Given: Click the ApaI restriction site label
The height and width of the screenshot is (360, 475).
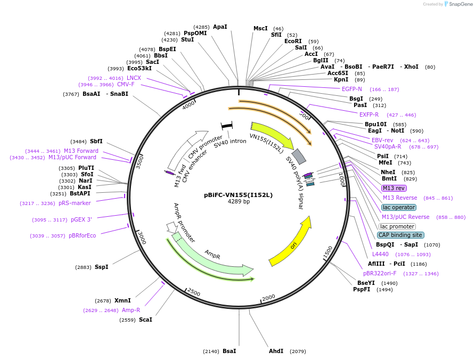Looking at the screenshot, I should [x=220, y=27].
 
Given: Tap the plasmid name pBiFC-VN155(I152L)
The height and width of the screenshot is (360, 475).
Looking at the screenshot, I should [x=238, y=195].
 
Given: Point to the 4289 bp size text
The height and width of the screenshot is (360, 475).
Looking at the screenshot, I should [x=238, y=202].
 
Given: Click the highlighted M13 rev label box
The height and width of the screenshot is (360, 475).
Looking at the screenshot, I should [x=394, y=188].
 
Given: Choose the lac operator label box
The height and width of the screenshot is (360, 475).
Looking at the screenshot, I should [x=399, y=207].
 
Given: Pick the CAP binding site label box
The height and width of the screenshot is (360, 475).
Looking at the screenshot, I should [x=400, y=235].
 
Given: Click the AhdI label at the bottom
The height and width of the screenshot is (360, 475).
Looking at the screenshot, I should [x=276, y=351].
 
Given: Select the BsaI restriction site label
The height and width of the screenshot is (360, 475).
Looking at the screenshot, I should [x=229, y=351].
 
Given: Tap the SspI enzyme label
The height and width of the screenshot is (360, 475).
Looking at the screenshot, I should [x=101, y=267].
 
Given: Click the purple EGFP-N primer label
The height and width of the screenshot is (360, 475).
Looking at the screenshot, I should [x=351, y=89].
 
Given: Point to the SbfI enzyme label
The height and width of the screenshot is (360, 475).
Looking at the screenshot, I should [x=96, y=141].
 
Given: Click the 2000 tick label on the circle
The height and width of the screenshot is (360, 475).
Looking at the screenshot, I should [x=268, y=297].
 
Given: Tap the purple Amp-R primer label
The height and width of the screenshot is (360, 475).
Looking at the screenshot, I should [x=131, y=310].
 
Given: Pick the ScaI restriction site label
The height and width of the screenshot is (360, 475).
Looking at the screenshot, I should [x=145, y=320].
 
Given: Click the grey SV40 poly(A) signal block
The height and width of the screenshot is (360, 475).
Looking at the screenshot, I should [x=299, y=156].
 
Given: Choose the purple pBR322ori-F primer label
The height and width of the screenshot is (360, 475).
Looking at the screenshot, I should [x=380, y=274].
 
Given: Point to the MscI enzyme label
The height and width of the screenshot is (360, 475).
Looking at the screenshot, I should [x=260, y=29].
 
